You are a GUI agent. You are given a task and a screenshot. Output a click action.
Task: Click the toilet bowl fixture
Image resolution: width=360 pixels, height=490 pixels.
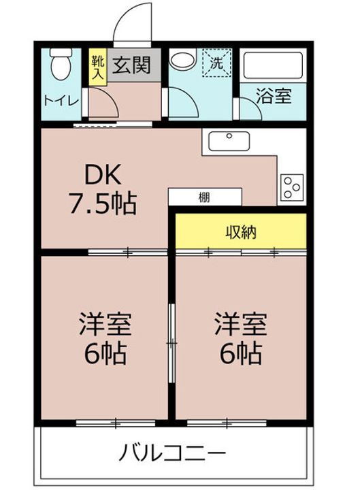click(x=61, y=64)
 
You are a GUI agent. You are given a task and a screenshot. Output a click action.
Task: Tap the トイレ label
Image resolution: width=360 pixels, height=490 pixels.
click(x=61, y=101)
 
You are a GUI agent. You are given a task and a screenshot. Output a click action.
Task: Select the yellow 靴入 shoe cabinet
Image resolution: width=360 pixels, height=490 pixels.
click(x=98, y=67)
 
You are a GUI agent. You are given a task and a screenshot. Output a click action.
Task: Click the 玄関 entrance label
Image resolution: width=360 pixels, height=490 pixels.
click(x=131, y=65)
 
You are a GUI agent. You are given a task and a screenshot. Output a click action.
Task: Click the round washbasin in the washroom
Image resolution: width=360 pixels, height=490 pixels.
click(x=183, y=59)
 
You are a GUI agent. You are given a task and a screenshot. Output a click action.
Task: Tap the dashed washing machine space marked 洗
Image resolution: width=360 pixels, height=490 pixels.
click(x=216, y=63)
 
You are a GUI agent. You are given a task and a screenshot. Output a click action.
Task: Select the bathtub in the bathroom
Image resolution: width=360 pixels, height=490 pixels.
click(x=273, y=65)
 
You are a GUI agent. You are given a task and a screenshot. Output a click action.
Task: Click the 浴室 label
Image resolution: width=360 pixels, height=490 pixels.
click(x=274, y=96)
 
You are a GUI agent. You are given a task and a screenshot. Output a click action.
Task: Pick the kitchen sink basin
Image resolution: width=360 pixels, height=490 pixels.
click(x=229, y=142)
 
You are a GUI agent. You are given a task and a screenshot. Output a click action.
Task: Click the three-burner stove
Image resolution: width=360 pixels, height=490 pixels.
click(x=292, y=187)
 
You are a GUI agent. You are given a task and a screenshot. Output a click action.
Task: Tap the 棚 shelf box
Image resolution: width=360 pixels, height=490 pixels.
click(x=205, y=197)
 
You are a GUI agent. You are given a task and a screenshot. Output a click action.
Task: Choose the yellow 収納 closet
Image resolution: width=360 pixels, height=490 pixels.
click(x=241, y=231)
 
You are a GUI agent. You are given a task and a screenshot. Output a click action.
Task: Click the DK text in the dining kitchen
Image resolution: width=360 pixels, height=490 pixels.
click(x=103, y=175)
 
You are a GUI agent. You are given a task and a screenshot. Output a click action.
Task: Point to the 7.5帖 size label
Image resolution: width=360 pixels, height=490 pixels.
click(x=103, y=203)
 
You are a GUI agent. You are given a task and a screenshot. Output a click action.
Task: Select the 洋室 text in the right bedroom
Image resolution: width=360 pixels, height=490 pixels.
click(x=241, y=325)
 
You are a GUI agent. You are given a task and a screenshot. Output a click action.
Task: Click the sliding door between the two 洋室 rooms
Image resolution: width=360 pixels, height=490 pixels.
click(x=171, y=343)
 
